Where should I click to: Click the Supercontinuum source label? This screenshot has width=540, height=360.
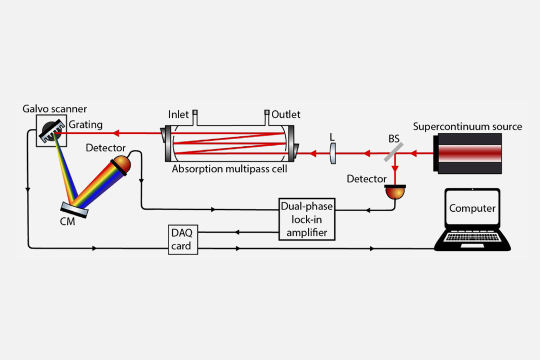click(x=467, y=126)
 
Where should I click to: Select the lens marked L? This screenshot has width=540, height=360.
click(x=333, y=153)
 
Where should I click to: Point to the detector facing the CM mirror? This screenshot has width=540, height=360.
click(x=120, y=164)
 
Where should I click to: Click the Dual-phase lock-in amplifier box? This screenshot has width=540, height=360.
click(x=306, y=219)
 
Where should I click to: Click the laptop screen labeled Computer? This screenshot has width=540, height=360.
click(x=472, y=208)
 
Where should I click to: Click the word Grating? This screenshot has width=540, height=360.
click(x=85, y=124)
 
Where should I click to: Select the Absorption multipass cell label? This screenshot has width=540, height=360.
click(x=229, y=168)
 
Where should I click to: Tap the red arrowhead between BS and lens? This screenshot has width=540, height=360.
click(x=366, y=153)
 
